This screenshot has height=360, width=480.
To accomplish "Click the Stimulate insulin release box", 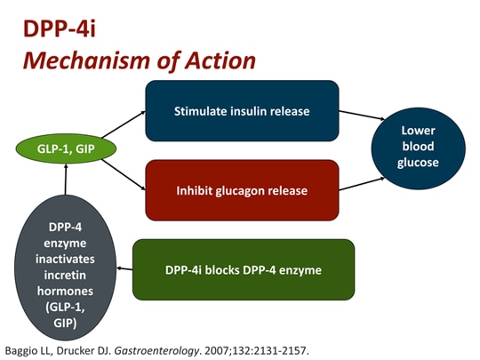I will click(242, 110).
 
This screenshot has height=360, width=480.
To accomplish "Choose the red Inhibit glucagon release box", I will click(242, 189).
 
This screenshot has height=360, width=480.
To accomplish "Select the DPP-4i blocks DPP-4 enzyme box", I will click(243, 269).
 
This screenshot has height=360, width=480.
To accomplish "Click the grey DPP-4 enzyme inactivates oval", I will click(67, 268).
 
